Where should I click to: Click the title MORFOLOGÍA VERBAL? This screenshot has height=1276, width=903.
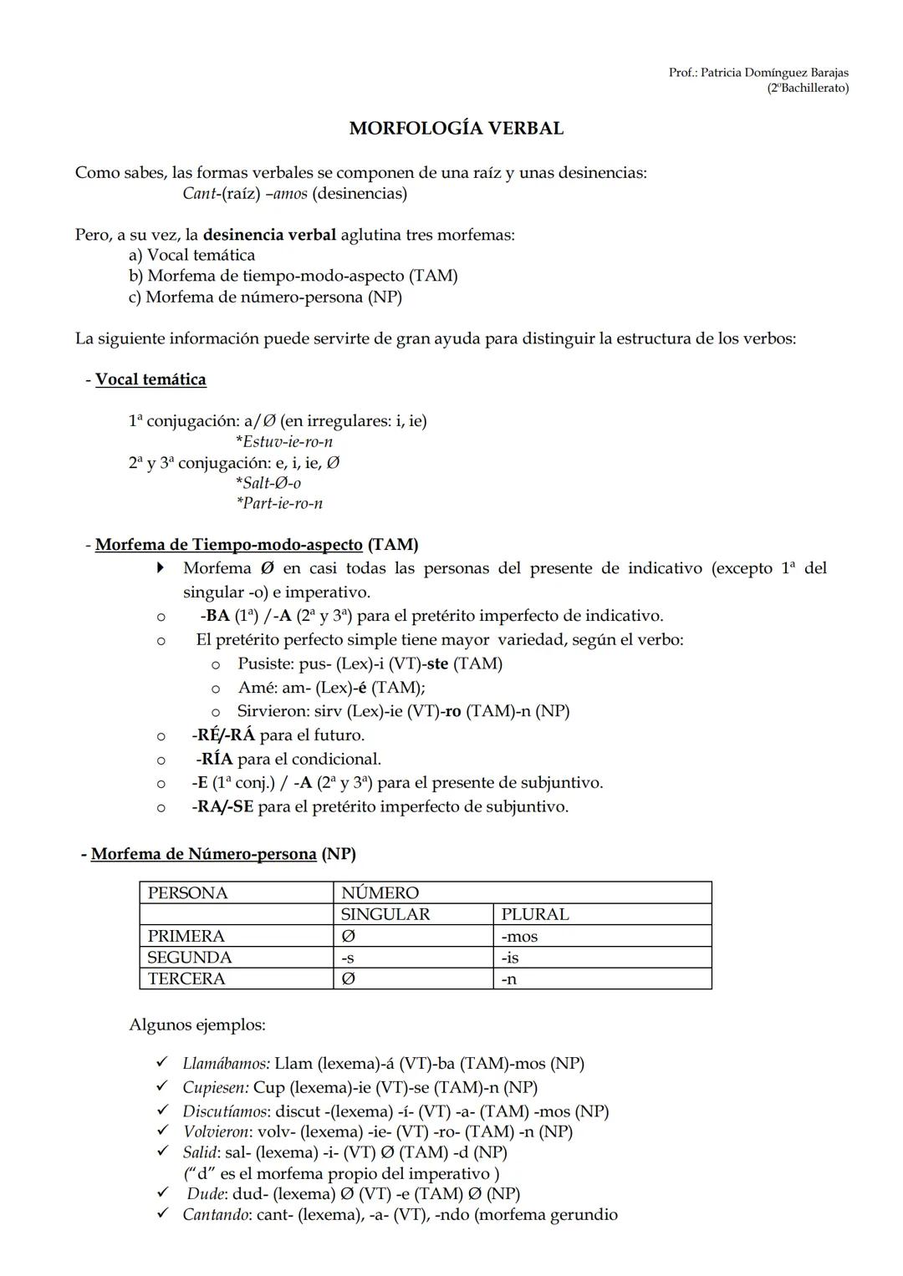point(456,129)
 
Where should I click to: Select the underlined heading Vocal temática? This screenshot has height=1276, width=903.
point(150,379)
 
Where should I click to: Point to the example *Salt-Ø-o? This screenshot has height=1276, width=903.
point(268,483)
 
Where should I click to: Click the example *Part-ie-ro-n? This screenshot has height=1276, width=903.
point(279,503)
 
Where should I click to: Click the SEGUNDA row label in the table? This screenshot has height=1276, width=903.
point(190,958)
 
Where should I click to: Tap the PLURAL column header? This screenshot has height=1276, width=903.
point(535,914)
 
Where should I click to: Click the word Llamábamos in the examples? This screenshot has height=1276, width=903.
point(226,1064)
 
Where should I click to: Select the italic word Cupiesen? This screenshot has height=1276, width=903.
point(215,1088)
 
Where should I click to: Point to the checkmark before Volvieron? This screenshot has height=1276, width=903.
point(162,1131)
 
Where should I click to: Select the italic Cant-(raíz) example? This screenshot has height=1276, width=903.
point(220,194)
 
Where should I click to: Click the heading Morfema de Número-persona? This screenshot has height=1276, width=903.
point(203,854)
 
